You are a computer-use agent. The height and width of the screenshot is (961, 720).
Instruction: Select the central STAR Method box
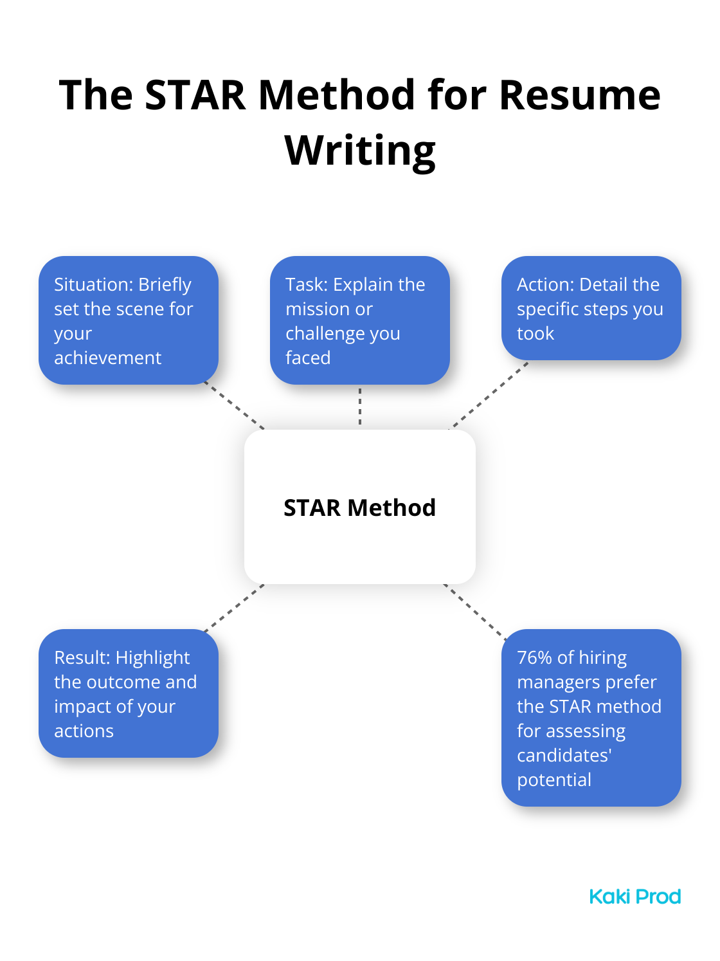359,506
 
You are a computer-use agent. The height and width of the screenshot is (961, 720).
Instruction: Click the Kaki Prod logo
635,896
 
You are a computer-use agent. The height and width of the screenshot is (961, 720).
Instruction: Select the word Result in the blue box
82,657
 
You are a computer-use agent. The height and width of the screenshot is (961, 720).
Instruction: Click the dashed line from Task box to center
360,406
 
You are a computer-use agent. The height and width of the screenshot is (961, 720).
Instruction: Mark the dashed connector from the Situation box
235,405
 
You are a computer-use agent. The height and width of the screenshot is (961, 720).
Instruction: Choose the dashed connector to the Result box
235,608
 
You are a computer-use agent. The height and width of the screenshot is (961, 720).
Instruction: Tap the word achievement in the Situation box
107,358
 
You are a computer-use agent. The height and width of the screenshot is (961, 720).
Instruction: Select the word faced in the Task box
308,358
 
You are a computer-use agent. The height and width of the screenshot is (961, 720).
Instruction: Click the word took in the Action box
535,334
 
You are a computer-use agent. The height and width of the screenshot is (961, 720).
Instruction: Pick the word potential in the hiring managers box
554,780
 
